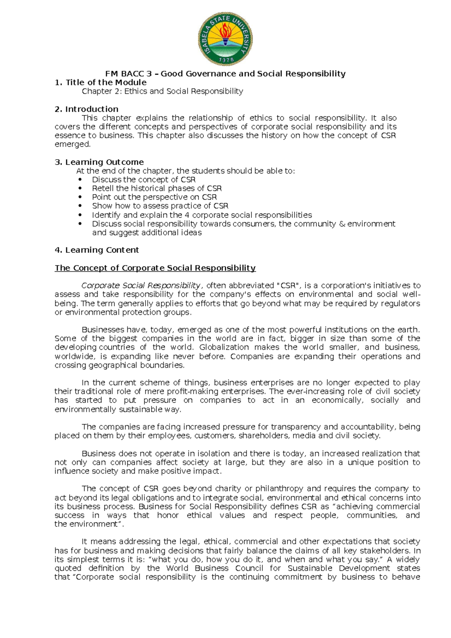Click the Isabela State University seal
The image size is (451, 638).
click(x=225, y=38)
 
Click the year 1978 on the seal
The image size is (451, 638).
click(x=225, y=59)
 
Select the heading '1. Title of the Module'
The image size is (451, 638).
click(x=100, y=82)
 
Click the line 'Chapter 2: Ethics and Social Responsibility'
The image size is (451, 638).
click(x=162, y=91)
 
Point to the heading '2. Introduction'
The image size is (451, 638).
click(x=86, y=109)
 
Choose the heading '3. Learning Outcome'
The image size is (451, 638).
click(x=99, y=162)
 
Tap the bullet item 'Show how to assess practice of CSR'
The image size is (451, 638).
click(x=160, y=206)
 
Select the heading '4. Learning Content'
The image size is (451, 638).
click(x=97, y=250)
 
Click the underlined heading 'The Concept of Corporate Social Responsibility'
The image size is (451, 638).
click(x=155, y=268)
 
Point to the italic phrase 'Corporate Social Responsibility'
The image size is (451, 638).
click(x=141, y=286)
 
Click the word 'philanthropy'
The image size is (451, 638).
click(x=279, y=488)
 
